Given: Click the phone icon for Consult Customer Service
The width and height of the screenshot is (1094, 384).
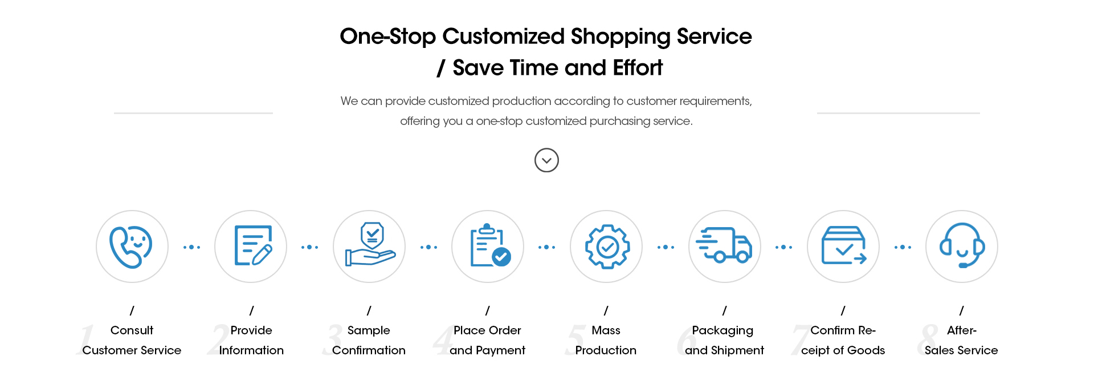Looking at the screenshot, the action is tap(131, 247).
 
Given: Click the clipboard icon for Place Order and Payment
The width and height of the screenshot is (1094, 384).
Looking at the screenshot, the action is tap(490, 245).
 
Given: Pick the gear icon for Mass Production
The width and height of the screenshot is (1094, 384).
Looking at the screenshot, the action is tap(607, 246).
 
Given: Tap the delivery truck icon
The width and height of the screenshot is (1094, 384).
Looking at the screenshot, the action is tap(724, 245).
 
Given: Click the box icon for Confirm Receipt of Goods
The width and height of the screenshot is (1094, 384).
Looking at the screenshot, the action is tap(844, 245).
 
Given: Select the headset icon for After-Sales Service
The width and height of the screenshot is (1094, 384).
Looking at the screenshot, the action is tap(962, 245).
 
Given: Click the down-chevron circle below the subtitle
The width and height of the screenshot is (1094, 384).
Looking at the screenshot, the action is tap(546, 160).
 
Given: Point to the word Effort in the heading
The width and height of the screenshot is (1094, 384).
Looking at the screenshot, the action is tap(638, 68).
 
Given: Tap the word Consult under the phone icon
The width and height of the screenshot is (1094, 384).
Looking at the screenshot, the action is tap(132, 330).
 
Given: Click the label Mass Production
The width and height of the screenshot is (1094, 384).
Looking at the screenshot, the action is tap(606, 340).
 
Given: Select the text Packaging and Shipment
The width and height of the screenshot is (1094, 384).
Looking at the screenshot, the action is tap(724, 340).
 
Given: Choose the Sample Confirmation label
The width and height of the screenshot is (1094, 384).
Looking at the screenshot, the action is tap(369, 340).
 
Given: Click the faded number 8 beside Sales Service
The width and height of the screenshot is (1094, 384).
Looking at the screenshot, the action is tap(928, 339).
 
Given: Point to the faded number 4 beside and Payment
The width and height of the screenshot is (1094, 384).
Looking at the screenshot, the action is tap(443, 340).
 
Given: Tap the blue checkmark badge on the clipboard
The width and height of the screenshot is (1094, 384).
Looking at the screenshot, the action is tap(501, 257).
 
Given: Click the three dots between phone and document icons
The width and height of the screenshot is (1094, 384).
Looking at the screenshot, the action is tap(191, 247).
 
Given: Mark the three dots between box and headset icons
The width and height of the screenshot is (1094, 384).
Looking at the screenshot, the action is tap(903, 247).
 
